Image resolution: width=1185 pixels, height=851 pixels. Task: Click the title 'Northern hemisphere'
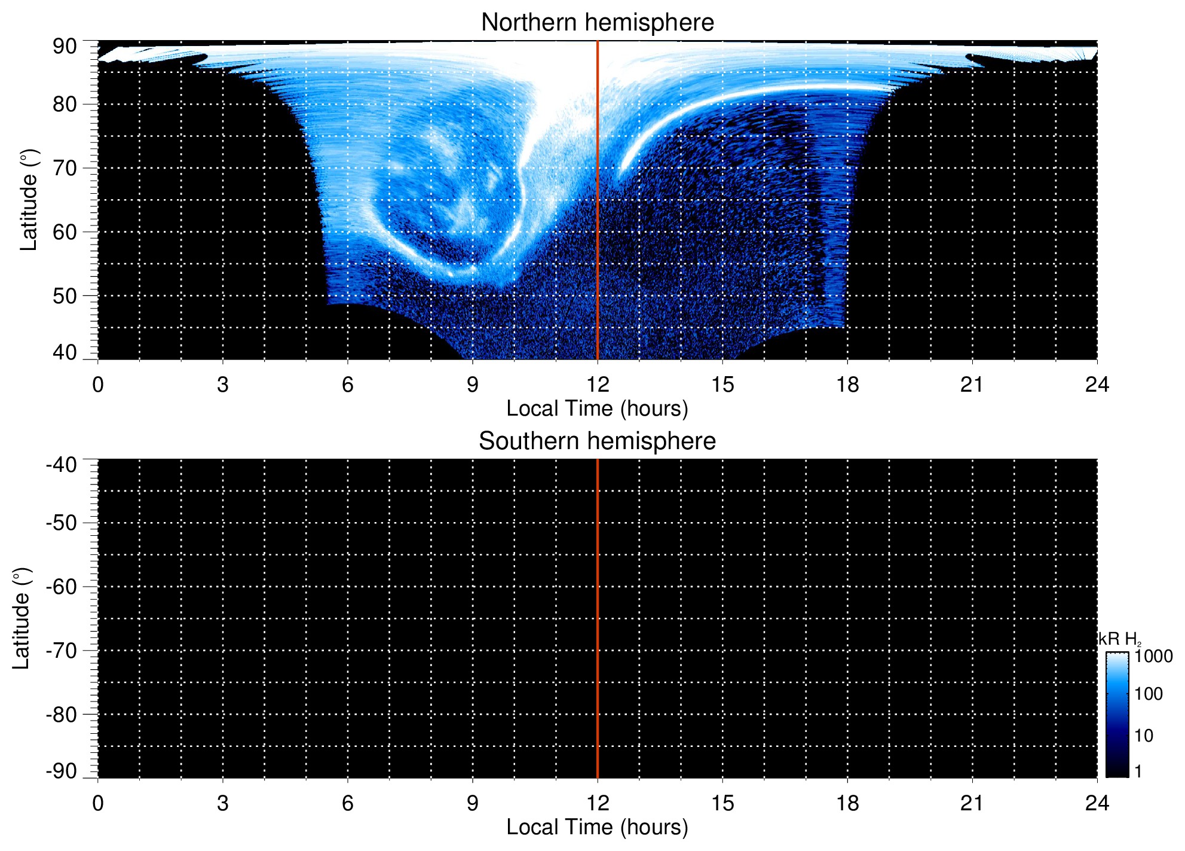tap(597, 23)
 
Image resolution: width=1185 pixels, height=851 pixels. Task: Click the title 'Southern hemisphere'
tap(597, 441)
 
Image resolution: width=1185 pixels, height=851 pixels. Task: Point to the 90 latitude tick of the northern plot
tap(65, 46)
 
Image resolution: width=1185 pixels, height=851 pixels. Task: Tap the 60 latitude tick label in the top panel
tap(65, 232)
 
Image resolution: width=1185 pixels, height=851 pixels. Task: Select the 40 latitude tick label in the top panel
tap(65, 352)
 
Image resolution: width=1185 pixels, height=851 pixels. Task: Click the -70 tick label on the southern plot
tap(62, 651)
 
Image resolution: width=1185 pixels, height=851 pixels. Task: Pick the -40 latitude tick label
tap(62, 465)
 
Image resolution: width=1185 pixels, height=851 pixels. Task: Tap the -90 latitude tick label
tap(62, 771)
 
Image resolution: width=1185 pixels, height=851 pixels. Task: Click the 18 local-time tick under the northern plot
tap(847, 385)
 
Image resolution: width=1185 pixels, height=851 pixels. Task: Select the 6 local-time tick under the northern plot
tap(348, 385)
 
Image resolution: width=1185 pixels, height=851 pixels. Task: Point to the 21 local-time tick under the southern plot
tap(972, 803)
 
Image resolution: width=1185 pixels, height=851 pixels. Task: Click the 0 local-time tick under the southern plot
tap(98, 803)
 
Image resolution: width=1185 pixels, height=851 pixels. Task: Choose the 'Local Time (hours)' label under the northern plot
tap(597, 408)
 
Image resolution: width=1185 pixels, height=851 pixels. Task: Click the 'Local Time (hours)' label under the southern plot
tap(597, 827)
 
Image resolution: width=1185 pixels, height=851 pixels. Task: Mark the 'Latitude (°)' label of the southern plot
tap(22, 618)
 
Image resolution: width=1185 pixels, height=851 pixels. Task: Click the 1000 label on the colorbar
tap(1153, 656)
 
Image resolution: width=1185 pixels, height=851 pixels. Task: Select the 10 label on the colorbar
tap(1144, 736)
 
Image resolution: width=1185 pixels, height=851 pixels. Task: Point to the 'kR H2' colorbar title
tap(1119, 639)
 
